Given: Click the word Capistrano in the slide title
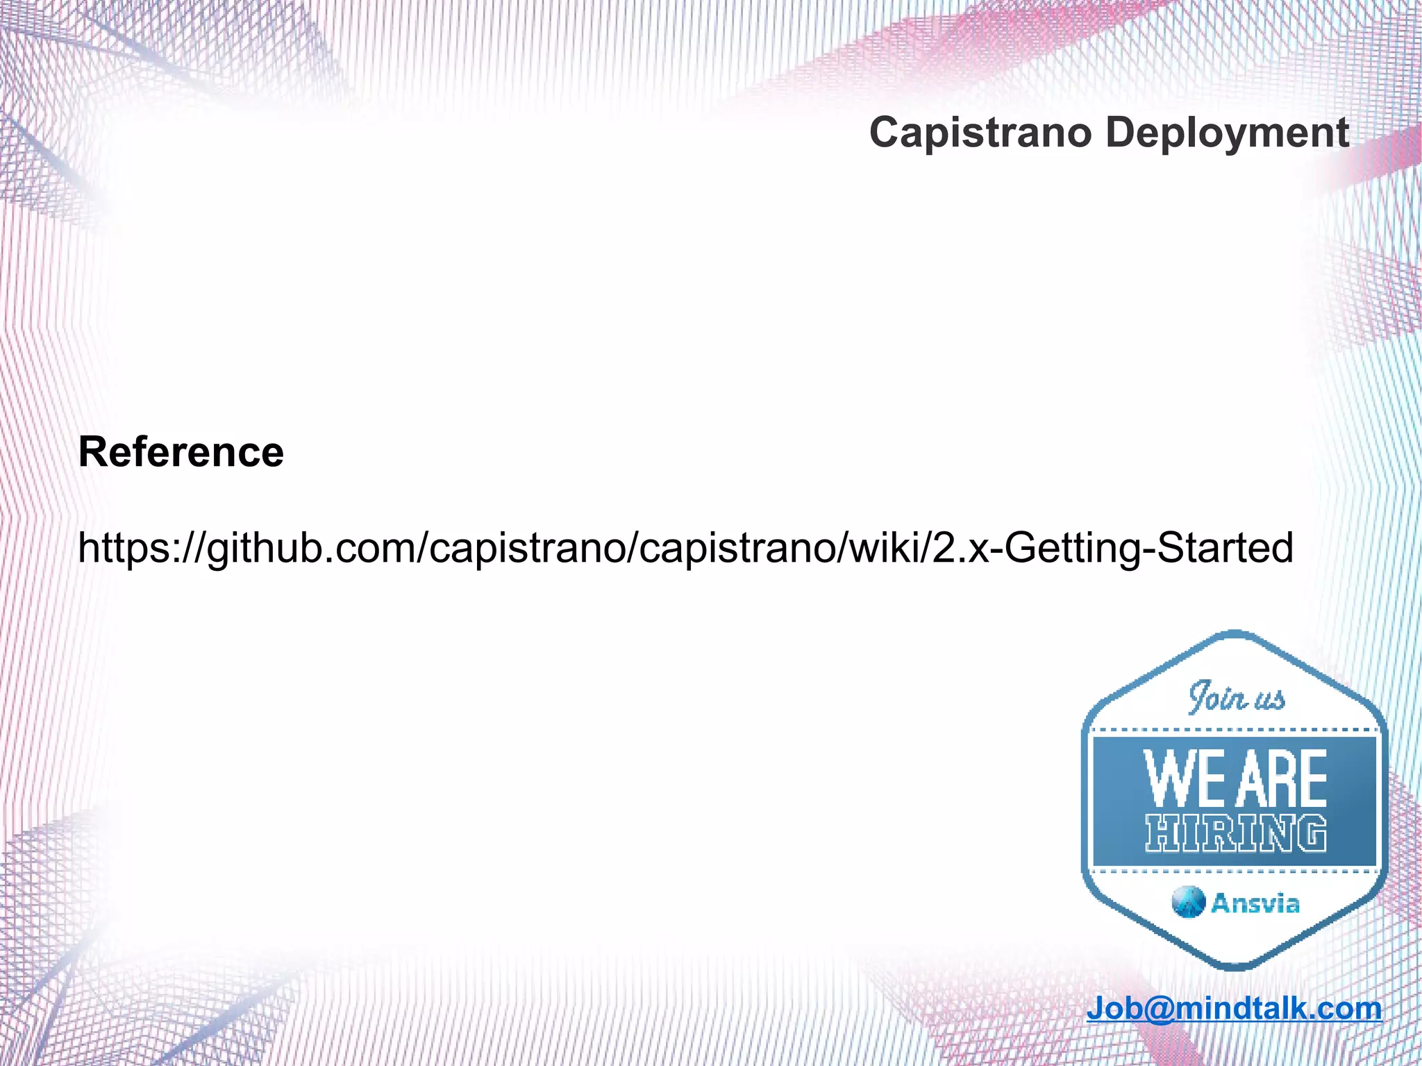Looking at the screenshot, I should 980,133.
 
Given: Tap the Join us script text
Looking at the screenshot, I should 1237,698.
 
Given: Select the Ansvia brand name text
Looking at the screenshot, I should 1255,903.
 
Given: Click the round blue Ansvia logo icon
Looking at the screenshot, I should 1188,902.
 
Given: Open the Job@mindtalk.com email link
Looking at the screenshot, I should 1235,1008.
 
